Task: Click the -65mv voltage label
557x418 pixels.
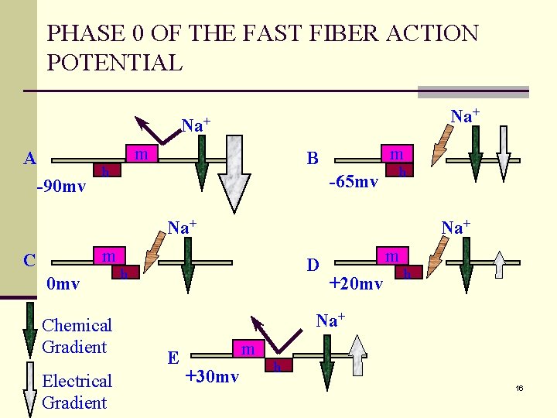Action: (353, 183)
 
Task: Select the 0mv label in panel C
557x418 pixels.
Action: (63, 284)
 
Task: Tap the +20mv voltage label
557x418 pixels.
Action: (356, 284)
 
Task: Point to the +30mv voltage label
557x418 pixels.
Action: (212, 377)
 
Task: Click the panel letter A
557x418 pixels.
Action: (30, 159)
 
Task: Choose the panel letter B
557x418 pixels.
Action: (313, 159)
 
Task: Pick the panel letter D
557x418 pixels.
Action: (313, 265)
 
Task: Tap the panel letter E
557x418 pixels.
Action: (174, 358)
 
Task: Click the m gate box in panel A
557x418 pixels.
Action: (141, 155)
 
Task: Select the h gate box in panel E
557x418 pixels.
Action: (277, 365)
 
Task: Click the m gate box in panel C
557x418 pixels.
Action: (110, 256)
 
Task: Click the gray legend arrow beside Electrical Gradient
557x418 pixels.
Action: (29, 391)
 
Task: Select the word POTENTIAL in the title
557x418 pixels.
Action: (114, 63)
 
